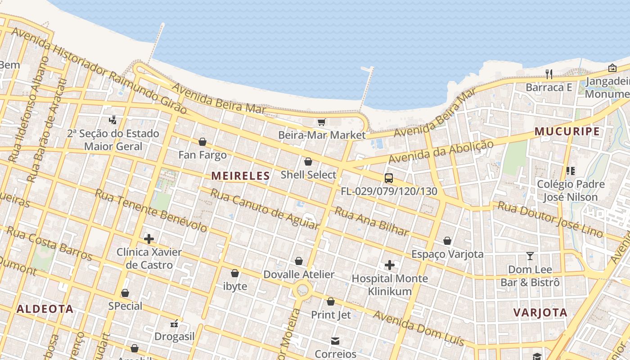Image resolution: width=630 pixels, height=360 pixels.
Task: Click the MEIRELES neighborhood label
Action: point(241,176)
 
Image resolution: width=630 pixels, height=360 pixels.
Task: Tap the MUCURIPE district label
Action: point(567,131)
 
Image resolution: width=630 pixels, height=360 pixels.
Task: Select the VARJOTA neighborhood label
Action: point(540,312)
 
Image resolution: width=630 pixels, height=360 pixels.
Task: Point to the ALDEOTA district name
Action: point(45,309)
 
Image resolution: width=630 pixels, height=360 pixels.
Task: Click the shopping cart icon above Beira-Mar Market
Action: point(322,122)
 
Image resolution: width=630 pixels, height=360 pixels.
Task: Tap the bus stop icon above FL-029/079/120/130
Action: point(389,178)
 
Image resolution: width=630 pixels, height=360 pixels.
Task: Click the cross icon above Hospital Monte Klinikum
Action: point(390,265)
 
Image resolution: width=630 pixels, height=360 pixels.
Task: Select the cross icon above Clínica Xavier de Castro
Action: point(149,238)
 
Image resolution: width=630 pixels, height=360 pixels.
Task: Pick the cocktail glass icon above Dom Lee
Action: point(530,256)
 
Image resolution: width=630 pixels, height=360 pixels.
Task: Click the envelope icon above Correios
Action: point(335,341)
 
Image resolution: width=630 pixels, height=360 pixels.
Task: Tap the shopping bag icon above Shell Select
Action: point(308,162)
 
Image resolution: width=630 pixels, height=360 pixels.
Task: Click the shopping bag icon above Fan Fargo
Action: point(202,142)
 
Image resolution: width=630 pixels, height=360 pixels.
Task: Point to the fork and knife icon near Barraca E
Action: point(549,74)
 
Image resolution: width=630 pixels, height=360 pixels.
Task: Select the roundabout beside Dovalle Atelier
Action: point(303,289)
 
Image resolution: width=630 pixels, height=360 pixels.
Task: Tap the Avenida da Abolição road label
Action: point(441,153)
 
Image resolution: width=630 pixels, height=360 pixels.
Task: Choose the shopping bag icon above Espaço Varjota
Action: point(447,241)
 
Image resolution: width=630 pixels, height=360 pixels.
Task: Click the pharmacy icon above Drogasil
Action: point(174,324)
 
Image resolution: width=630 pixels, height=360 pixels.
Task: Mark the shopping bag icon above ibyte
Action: point(235,273)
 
